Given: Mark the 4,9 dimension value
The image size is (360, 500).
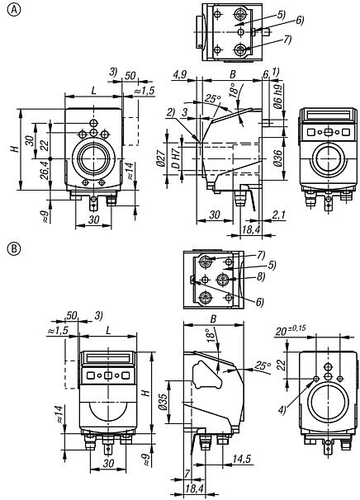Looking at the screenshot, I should click(x=178, y=75).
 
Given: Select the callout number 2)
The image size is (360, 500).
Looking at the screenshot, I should click(x=169, y=112).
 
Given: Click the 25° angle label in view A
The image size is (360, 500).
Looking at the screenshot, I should click(x=211, y=100).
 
